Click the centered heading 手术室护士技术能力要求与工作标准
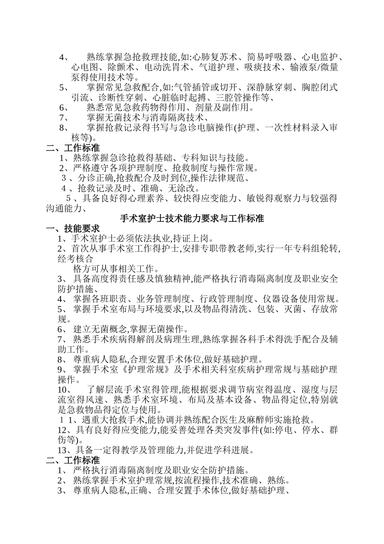[x=192, y=219]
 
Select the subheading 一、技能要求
[x=73, y=228]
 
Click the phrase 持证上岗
[x=194, y=238]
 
